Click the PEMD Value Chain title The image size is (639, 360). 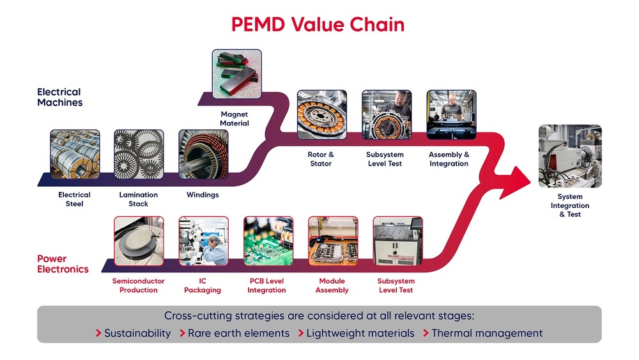point(318,25)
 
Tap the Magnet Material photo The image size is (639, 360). point(236,74)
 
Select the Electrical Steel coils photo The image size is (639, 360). point(75,153)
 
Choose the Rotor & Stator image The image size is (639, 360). point(321,114)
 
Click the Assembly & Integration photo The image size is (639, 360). point(451,114)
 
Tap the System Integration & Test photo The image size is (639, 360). point(570,156)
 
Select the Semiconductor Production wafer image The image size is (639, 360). point(139,240)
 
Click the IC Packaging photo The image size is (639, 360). point(203,240)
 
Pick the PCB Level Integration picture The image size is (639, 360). point(268,240)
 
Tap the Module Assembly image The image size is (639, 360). point(333,240)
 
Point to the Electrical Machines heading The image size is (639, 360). point(60,97)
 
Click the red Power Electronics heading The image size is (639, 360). point(63,264)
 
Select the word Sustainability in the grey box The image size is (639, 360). point(137,333)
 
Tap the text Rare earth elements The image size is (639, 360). point(239,333)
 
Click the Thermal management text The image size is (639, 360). point(487,333)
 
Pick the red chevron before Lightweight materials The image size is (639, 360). point(300,333)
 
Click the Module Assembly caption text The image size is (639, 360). point(332,285)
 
